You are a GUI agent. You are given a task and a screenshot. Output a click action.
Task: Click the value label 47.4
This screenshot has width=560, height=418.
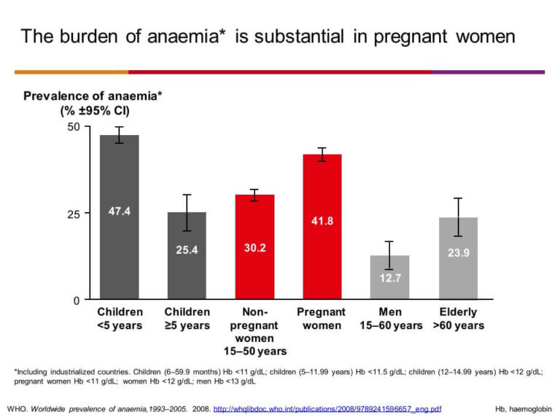(x=120, y=212)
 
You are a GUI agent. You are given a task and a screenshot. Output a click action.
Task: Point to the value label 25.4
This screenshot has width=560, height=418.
(x=187, y=249)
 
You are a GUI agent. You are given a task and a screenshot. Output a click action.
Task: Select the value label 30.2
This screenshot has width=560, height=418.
(x=254, y=248)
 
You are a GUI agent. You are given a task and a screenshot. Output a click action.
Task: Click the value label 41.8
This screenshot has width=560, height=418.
(x=322, y=220)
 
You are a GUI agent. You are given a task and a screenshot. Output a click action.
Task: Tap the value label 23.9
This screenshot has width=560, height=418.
(x=458, y=252)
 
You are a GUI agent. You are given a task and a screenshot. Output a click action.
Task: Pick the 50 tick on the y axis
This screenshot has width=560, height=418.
(x=73, y=127)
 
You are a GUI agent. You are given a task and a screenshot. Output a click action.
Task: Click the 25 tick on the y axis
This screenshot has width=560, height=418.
(x=73, y=214)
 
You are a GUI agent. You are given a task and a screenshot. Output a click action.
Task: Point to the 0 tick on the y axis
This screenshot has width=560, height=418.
(x=76, y=300)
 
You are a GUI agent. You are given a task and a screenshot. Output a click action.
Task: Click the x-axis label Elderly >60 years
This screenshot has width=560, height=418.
(x=458, y=319)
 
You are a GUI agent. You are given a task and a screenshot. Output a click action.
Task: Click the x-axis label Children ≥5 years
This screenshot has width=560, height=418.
(x=187, y=319)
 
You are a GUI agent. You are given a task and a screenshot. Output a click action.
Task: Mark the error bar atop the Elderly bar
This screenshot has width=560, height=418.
(x=458, y=217)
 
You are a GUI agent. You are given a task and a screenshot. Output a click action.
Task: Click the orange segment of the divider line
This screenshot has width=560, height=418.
(x=71, y=71)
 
